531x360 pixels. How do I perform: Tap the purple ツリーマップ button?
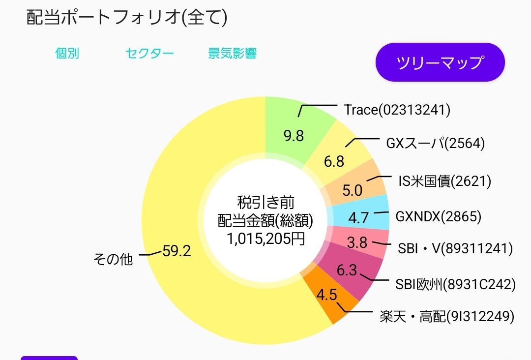pyautogui.click(x=440, y=62)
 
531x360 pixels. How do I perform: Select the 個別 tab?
pyautogui.click(x=67, y=54)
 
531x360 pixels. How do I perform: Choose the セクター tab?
pyautogui.click(x=149, y=54)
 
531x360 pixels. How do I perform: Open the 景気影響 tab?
pyautogui.click(x=232, y=54)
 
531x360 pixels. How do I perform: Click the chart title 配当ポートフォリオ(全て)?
pyautogui.click(x=126, y=18)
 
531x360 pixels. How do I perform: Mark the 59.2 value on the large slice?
pyautogui.click(x=176, y=251)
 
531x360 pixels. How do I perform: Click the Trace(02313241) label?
pyautogui.click(x=397, y=110)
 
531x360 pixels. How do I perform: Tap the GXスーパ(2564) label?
pyautogui.click(x=435, y=143)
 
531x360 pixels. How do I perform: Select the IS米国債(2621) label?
pyautogui.click(x=444, y=181)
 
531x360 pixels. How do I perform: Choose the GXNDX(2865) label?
pyautogui.click(x=438, y=216)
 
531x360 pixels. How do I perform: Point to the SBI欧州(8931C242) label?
pyautogui.click(x=455, y=284)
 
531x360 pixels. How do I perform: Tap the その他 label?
pyautogui.click(x=113, y=259)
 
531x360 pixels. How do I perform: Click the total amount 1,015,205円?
pyautogui.click(x=265, y=240)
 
